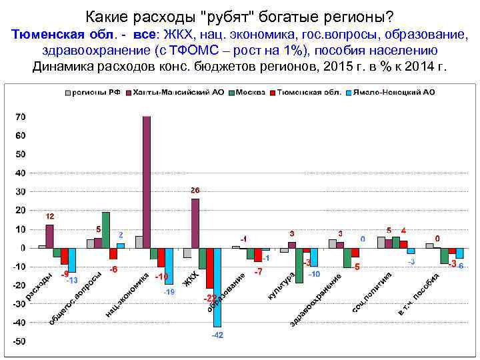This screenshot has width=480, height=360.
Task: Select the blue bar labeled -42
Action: tap(217, 287)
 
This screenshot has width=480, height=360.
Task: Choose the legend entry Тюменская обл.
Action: tap(303, 92)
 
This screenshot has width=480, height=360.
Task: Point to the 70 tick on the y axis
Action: tap(21, 117)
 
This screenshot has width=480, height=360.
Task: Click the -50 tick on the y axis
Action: tap(21, 341)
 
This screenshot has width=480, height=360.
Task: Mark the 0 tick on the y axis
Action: tap(23, 248)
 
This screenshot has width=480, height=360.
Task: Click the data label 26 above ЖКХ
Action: tap(195, 190)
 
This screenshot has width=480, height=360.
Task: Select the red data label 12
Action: tap(50, 217)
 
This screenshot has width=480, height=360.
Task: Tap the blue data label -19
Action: tap(169, 292)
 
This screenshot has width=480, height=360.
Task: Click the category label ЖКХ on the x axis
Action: tap(192, 281)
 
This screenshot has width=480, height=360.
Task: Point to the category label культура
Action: tap(282, 285)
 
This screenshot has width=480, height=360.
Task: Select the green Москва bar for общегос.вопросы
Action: tap(106, 230)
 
